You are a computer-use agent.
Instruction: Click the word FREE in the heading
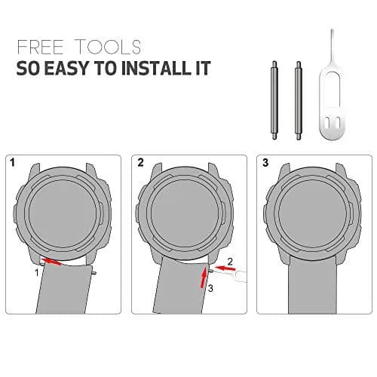coord(40,47)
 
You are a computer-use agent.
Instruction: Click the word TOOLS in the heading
coord(109,47)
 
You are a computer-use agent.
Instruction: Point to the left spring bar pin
coord(274,100)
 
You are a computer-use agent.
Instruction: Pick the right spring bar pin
coord(298,100)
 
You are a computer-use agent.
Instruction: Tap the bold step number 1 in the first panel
coord(12,163)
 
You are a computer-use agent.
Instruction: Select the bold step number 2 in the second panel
coord(140,163)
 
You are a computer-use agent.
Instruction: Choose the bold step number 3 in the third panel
coord(265,163)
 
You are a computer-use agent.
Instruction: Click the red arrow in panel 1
coord(51,261)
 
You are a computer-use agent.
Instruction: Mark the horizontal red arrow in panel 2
coord(225,268)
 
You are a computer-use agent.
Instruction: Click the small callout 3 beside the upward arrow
coord(210,288)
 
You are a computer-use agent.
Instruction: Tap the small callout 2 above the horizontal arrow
coord(230,262)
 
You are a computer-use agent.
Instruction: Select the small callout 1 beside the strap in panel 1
coord(37,272)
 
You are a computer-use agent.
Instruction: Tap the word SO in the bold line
coord(28,68)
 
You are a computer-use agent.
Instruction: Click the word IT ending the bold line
coord(203,68)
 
